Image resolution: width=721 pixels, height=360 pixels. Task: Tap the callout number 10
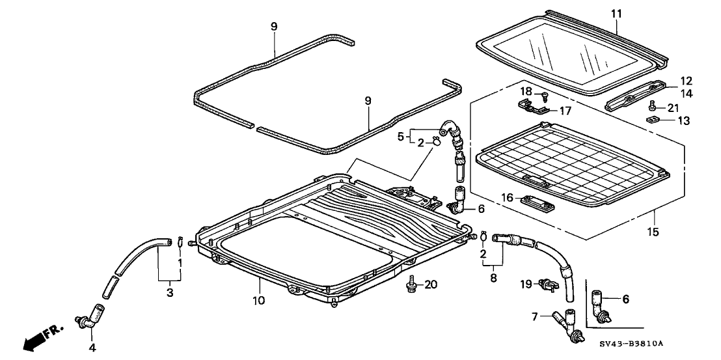[260, 300]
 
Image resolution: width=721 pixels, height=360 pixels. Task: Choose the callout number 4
[92, 347]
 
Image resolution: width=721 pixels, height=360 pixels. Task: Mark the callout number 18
[529, 92]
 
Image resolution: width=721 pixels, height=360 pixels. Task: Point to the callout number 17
[565, 111]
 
